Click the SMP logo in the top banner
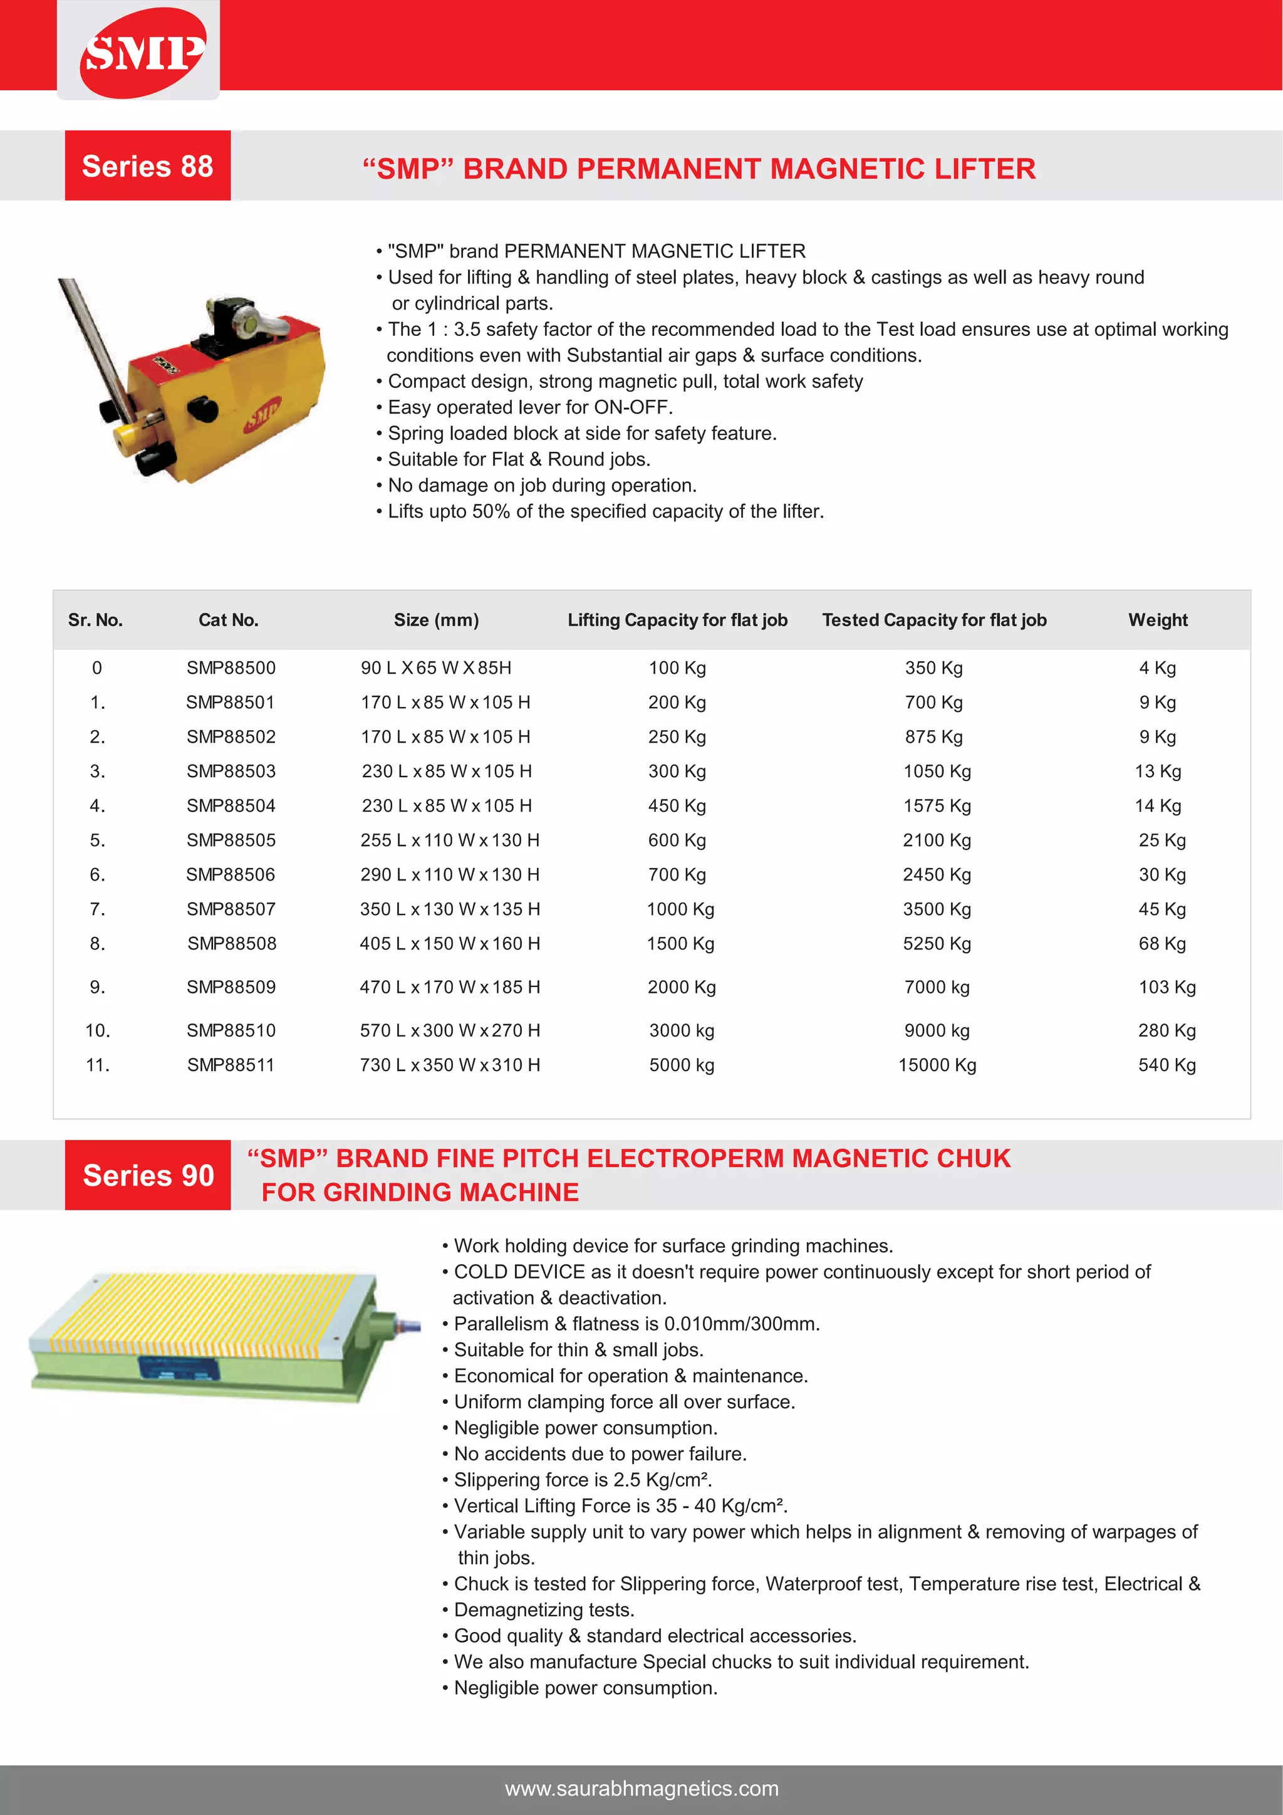tap(142, 52)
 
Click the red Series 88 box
tap(148, 166)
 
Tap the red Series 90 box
tap(148, 1174)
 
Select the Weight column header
tap(1157, 620)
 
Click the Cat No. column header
tap(228, 620)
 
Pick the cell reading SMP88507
tap(231, 909)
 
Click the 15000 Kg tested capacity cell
tap(937, 1065)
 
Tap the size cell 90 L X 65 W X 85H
tap(436, 668)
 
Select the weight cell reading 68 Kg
tap(1161, 944)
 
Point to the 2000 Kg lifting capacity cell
tap(681, 987)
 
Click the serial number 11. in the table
tap(97, 1065)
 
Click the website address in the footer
tap(641, 1788)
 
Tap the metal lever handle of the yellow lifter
tap(95, 332)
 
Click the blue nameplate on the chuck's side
tap(178, 1368)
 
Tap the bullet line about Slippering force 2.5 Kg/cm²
tap(582, 1480)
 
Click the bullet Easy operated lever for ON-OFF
tap(529, 407)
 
